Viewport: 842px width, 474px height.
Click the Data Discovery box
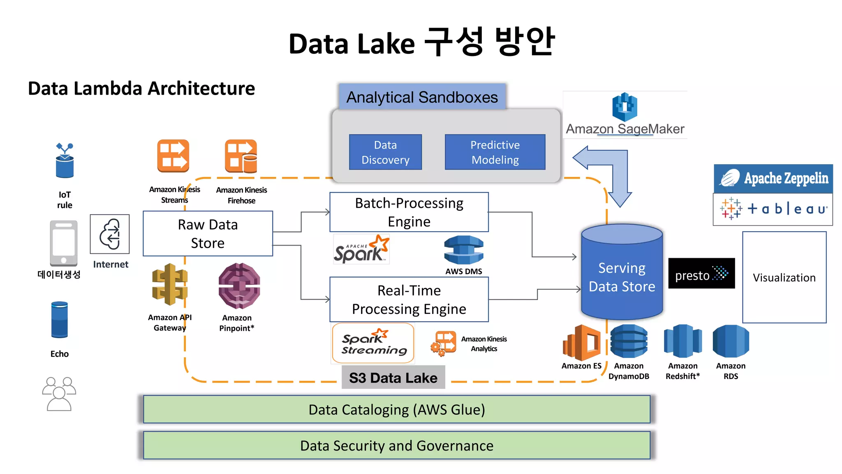point(385,152)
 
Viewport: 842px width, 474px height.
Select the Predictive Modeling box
point(495,152)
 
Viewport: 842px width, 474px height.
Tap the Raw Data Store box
point(208,233)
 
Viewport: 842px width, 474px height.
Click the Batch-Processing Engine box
point(409,212)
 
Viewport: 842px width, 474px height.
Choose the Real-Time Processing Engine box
point(409,300)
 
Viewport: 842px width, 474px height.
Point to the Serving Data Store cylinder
point(622,276)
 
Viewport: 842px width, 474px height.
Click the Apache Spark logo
point(361,249)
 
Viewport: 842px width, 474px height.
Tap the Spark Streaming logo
point(373,343)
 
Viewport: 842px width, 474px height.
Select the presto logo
point(701,274)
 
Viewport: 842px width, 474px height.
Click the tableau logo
point(773,209)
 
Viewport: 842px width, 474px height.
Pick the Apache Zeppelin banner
point(773,179)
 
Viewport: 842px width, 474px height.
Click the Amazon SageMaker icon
point(625,107)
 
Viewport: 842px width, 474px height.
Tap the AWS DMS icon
point(464,250)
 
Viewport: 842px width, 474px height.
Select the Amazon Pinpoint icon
point(239,286)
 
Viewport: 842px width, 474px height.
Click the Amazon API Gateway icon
point(170,285)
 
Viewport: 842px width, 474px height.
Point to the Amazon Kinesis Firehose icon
point(241,156)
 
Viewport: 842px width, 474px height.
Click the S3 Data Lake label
point(393,377)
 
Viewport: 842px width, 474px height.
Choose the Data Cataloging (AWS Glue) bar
point(397,409)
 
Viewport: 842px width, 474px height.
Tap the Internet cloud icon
point(110,234)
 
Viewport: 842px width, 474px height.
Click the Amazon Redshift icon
point(682,341)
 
